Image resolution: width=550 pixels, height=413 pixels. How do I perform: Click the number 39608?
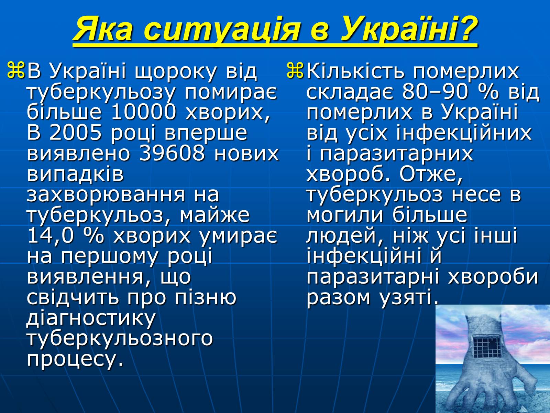click(x=172, y=153)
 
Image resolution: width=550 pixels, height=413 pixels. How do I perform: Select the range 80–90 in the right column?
click(x=435, y=92)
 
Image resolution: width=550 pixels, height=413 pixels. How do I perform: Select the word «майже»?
click(x=214, y=216)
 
